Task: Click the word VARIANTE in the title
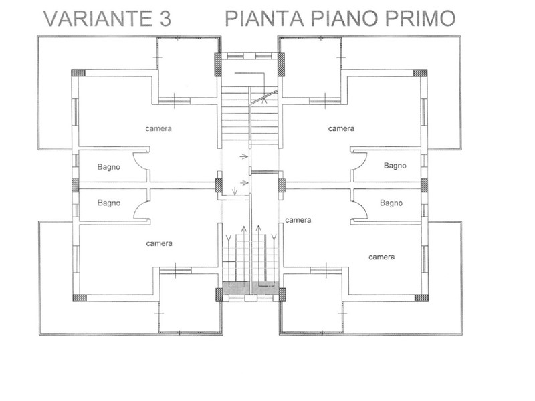98,19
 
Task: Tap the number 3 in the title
165,19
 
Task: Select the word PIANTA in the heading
264,19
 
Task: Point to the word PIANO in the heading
344,19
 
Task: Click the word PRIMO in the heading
421,19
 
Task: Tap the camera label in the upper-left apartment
158,128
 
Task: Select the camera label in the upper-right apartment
341,128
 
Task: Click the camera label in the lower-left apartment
159,243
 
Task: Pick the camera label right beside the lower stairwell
298,220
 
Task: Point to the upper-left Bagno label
109,167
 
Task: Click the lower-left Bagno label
109,203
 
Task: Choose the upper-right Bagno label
395,166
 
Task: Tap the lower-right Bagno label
391,203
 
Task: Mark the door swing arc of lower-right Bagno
364,207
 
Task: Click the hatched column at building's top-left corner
78,73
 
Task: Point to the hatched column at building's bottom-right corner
421,298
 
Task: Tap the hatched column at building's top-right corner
421,73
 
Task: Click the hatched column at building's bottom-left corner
80,298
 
